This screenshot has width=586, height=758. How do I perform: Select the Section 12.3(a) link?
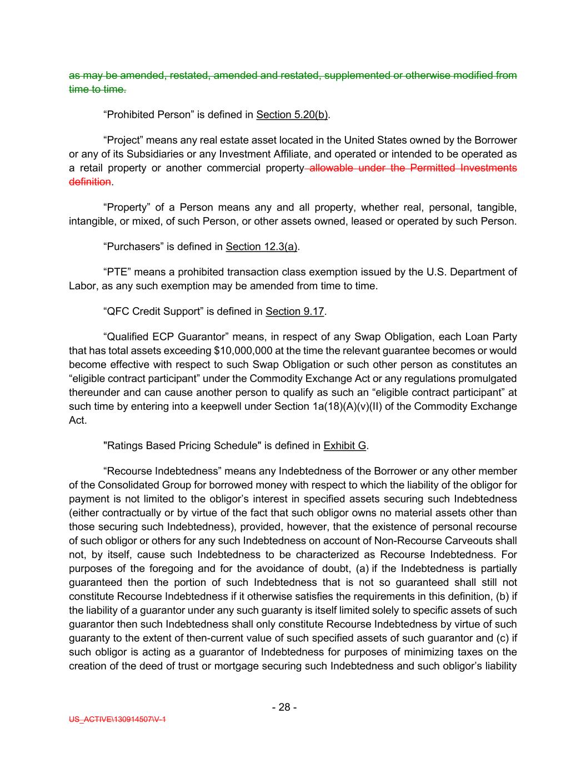coord(262,247)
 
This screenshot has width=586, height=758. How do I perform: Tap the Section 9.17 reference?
coord(294,312)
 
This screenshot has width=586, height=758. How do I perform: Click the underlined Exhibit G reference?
coord(344,446)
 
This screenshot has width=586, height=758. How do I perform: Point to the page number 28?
coord(284,707)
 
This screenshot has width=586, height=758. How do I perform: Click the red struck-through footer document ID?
coord(118,720)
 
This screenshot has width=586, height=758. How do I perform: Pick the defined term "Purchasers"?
coord(132,247)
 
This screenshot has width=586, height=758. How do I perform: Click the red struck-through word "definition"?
coord(89,182)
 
